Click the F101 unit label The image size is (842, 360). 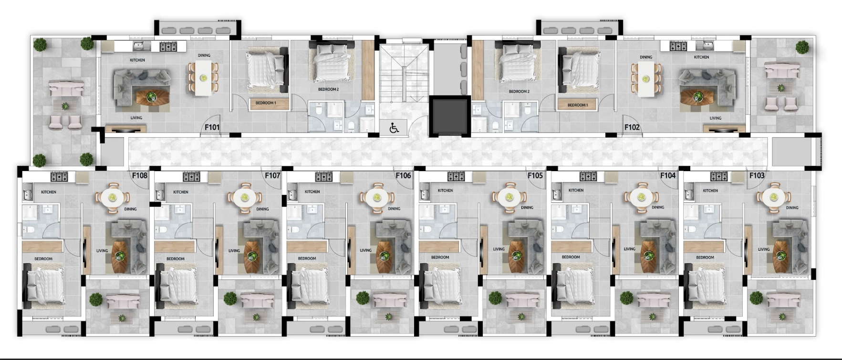pos(212,127)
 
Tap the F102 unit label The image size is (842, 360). pos(632,127)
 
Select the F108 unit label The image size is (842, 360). pos(139,175)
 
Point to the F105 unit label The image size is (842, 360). pos(535,175)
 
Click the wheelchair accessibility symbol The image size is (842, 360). pos(394,128)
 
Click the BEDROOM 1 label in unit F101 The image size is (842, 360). pos(266,103)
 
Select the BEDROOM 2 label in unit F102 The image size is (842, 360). pos(519,92)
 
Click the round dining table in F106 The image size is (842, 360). pos(377,197)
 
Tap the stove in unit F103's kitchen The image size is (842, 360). pos(719,176)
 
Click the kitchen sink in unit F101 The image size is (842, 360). pos(142,46)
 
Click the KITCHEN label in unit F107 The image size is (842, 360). pos(181,192)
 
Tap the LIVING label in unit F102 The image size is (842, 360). pos(715,118)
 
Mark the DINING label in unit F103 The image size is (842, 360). pos(792,208)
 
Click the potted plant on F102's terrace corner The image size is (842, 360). pos(802,47)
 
